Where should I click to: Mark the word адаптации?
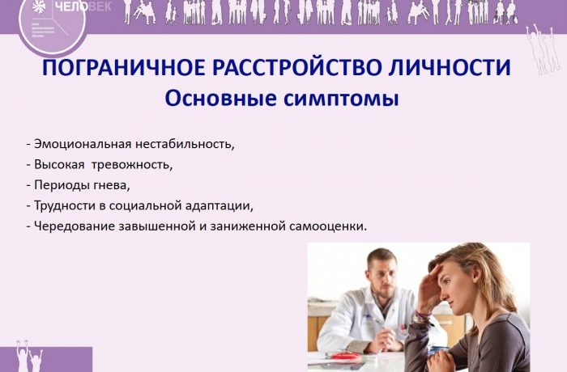(220, 205)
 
